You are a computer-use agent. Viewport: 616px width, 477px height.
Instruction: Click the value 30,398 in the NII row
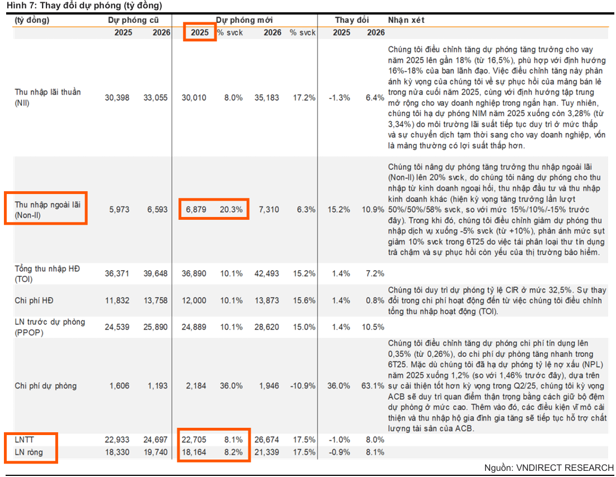[x=117, y=97]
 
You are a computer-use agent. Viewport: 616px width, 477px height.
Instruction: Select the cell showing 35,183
[x=269, y=97]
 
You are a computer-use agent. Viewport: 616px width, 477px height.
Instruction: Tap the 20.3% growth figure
[x=231, y=209]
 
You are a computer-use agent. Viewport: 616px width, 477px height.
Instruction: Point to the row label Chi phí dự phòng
[x=46, y=386]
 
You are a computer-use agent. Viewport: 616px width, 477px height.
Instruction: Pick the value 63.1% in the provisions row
[x=373, y=386]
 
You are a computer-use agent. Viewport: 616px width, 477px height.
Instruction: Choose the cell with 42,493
[x=269, y=273]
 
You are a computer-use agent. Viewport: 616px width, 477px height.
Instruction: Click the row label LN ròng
[x=29, y=452]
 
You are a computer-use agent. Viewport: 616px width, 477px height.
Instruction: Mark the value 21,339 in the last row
[x=269, y=452]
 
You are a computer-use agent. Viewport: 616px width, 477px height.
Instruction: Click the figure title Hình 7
[x=84, y=6]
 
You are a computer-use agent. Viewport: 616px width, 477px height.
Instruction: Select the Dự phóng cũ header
[x=133, y=20]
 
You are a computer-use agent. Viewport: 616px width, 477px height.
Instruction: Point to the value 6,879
[x=194, y=209]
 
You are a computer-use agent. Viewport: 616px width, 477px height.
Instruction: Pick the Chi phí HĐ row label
[x=34, y=300]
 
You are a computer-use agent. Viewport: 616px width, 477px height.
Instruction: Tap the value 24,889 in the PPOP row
[x=194, y=327]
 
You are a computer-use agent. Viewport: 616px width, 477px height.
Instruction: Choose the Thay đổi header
[x=352, y=20]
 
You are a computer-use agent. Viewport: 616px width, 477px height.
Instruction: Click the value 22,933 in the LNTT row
[x=117, y=440]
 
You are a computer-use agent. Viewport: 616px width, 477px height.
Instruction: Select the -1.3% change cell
[x=340, y=97]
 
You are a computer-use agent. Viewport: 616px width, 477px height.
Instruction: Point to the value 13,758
[x=155, y=300]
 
